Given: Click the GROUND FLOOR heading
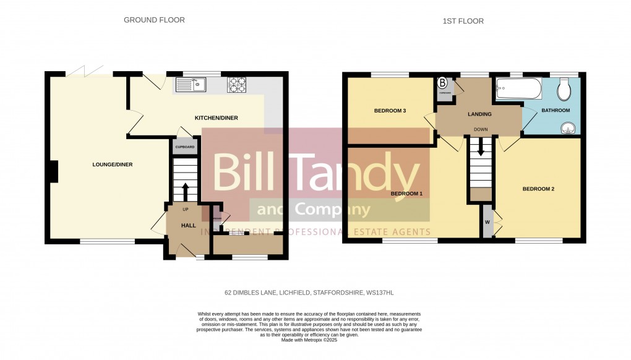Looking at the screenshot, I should click(154, 20).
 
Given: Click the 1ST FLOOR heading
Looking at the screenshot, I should click(463, 21).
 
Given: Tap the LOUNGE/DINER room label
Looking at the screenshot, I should click(113, 165).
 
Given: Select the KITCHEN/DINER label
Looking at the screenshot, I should click(216, 118).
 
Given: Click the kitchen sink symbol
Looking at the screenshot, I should click(191, 84).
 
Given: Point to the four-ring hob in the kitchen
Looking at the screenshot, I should click(236, 84).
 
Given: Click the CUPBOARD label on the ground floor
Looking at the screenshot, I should click(185, 147).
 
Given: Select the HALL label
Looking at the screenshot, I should click(188, 226).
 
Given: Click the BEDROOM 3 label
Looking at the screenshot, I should click(390, 111).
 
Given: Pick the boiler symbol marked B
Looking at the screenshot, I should click(443, 82).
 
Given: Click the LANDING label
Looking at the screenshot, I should click(479, 114).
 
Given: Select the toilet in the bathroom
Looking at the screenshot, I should click(564, 91).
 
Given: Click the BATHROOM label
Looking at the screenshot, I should click(556, 111).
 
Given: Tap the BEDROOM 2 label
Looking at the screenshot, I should click(538, 189).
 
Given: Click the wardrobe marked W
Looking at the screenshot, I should click(487, 222).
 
